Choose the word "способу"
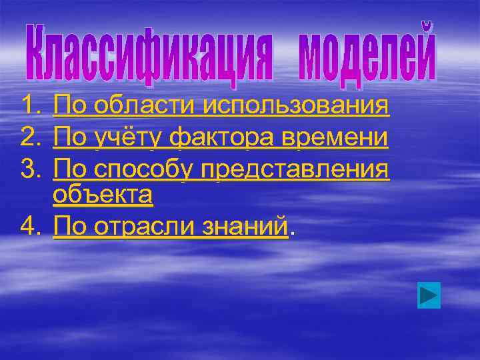[x=141, y=170]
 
